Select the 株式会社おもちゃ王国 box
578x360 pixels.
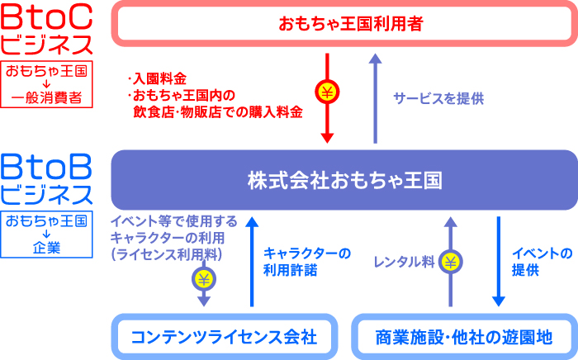pos(343,179)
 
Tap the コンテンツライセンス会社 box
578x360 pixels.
pos(224,337)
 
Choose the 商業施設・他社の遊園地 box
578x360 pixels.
pos(465,337)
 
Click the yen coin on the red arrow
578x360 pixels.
pos(327,92)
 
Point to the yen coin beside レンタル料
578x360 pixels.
pos(450,262)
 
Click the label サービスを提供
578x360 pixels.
pos(438,97)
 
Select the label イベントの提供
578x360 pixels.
pos(542,261)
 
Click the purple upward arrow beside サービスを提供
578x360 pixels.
pos(375,97)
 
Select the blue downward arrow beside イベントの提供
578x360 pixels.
pos(499,260)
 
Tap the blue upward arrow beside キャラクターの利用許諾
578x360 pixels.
pos(252,260)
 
